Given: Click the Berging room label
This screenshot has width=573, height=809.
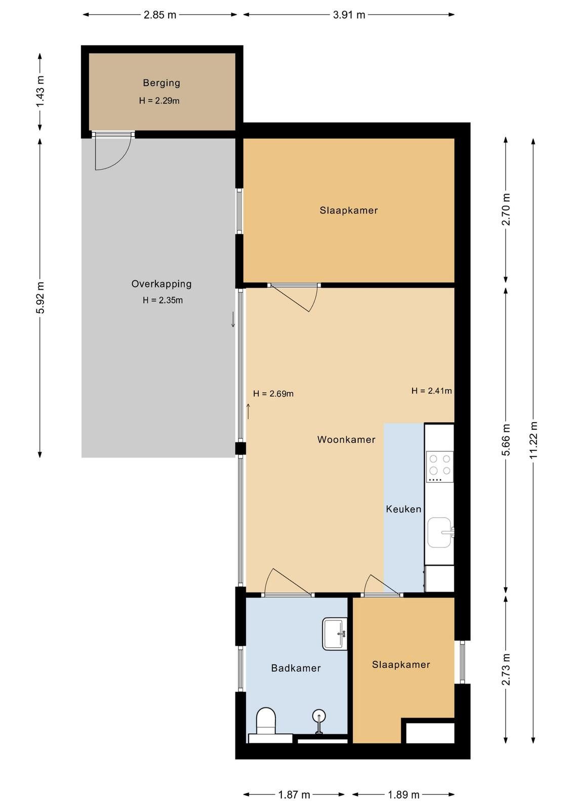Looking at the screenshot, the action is click(161, 83).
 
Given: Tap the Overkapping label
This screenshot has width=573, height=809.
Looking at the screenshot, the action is click(161, 284).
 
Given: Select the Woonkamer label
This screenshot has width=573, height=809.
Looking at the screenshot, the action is click(346, 439).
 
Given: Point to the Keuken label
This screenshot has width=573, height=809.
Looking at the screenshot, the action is click(403, 509).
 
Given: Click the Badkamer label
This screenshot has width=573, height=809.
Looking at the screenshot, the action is click(296, 668).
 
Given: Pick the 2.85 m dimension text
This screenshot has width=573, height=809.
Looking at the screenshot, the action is click(160, 15).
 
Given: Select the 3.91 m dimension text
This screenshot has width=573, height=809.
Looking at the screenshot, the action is click(349, 15).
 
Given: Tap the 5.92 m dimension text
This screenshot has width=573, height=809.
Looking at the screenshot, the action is click(40, 298).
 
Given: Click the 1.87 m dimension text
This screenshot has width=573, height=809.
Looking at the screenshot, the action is click(294, 794).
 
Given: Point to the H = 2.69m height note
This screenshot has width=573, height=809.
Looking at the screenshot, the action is click(273, 394).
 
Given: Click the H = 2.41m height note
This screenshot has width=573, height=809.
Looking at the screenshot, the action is click(432, 390).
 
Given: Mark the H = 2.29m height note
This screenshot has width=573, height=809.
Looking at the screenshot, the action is click(159, 101).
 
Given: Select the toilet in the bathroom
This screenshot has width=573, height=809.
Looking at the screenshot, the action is click(266, 721).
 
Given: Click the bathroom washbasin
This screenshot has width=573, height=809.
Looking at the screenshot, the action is click(335, 634).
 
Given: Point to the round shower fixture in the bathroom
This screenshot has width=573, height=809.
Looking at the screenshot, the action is click(319, 716).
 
